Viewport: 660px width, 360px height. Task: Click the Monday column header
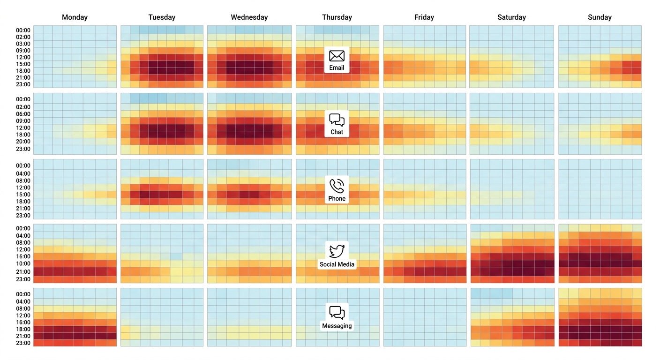coord(75,17)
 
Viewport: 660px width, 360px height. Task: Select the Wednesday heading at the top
coord(249,17)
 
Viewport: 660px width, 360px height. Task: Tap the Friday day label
coord(424,17)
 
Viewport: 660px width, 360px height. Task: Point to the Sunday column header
coord(600,17)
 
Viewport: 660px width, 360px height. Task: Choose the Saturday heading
coord(511,17)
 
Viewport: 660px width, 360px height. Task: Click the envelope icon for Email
coord(337,56)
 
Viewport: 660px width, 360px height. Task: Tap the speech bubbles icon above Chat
coord(337,120)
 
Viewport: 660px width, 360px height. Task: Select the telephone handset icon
coord(337,186)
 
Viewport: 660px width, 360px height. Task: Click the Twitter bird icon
coord(337,251)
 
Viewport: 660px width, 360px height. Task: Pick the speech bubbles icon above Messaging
coord(337,313)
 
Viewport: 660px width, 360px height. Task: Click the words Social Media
coord(337,264)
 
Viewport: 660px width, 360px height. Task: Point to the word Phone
coord(337,199)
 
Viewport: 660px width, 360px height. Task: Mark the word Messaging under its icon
coord(337,326)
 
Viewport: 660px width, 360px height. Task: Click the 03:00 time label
coord(23,44)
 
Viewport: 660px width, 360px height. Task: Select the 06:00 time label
coord(23,114)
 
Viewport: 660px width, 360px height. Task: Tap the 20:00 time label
coord(23,142)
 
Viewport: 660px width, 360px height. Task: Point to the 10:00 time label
coord(23,264)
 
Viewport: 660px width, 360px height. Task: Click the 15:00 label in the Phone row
coord(23,195)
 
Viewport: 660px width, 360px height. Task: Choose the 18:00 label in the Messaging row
coord(23,330)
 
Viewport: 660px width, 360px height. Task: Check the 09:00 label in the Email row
coord(23,51)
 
